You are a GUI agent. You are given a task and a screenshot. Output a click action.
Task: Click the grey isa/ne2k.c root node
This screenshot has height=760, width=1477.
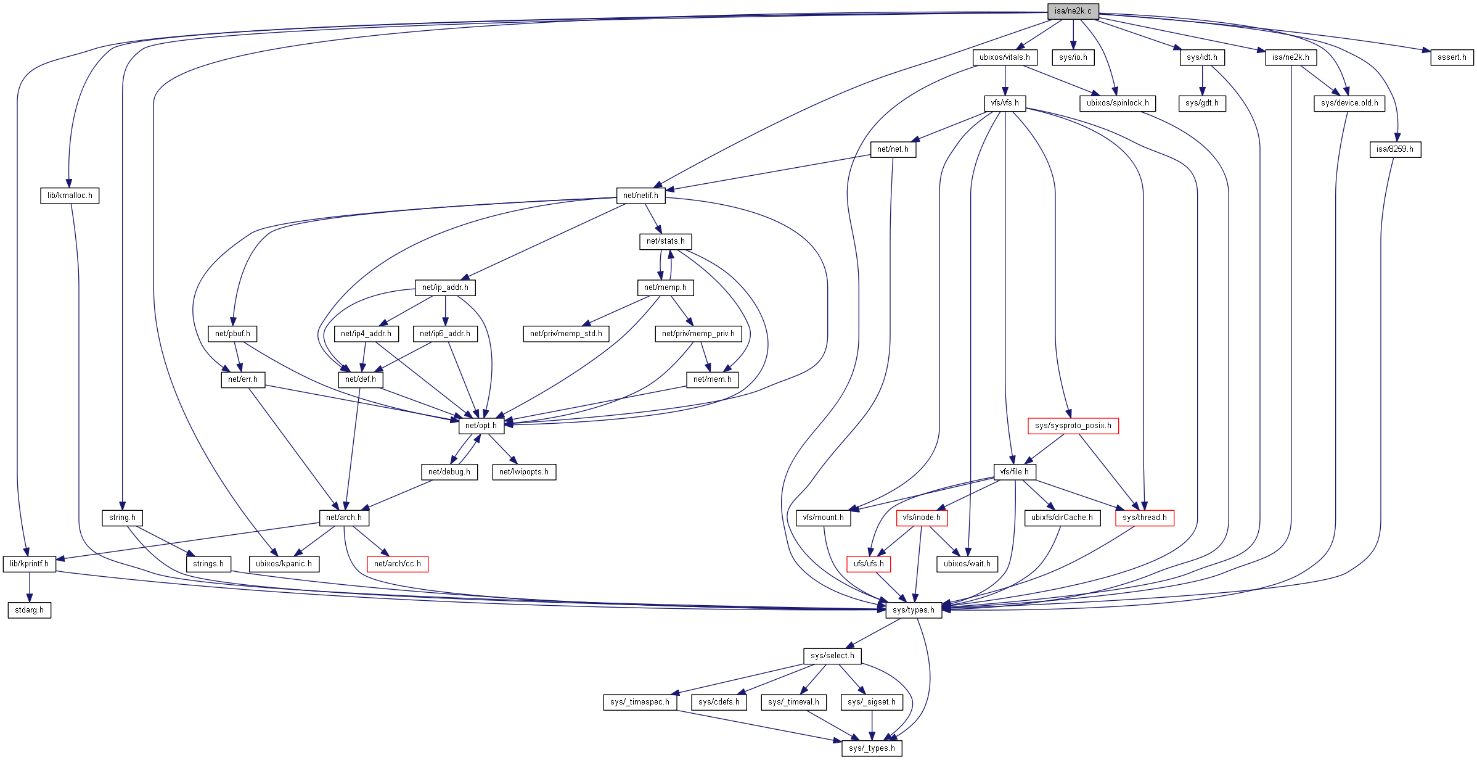pos(1073,11)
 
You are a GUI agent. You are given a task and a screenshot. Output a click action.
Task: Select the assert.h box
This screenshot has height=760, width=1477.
pos(1452,57)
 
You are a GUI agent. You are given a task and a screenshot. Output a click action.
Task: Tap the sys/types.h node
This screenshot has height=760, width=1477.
pos(913,610)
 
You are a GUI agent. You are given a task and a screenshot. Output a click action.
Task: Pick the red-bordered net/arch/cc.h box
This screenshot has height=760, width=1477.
pos(397,564)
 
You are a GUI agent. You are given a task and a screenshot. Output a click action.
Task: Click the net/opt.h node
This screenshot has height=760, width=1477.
pos(481,426)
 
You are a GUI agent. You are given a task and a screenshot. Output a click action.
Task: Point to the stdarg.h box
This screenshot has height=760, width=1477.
pos(29,610)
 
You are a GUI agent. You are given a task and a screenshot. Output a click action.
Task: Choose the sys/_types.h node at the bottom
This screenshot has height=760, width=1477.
pos(872,748)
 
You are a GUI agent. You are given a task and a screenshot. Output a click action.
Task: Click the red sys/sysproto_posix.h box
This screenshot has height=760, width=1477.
pos(1073,426)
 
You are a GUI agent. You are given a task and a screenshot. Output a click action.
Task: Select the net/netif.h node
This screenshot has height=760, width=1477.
pos(640,196)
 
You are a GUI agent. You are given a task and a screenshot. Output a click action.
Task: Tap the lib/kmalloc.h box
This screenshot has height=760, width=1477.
pos(70,196)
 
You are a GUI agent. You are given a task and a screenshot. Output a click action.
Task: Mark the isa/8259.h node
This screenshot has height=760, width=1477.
pos(1394,149)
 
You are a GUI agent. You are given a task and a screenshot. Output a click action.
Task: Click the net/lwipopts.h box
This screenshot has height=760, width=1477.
pos(523,472)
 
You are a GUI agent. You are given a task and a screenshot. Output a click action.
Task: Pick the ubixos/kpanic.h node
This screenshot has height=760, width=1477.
pos(284,564)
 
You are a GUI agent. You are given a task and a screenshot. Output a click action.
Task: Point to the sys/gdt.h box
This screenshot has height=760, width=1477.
pos(1201,103)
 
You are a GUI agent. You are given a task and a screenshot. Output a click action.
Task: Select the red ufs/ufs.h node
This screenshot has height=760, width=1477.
pos(868,564)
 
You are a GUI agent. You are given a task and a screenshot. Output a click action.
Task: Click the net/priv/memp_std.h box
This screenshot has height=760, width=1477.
pos(566,334)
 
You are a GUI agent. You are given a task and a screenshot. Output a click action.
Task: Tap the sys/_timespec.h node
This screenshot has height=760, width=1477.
pos(640,702)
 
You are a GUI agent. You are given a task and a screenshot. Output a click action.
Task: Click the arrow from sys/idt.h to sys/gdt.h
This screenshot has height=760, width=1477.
pos(1202,80)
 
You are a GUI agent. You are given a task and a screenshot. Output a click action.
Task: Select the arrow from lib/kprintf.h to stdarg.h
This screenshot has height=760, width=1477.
pos(29,587)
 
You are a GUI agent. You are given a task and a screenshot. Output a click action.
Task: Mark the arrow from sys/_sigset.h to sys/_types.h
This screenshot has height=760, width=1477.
pos(872,725)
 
